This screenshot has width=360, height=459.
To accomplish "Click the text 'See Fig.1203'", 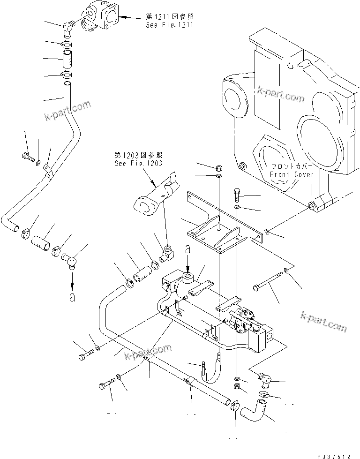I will (138, 163).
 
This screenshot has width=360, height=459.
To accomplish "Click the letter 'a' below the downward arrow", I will (72, 297).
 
